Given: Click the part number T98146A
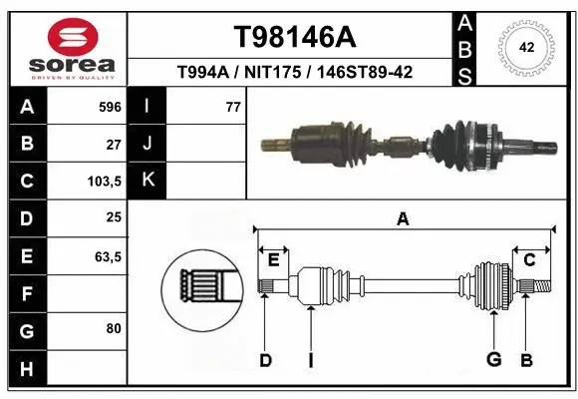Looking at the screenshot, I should click(x=293, y=37).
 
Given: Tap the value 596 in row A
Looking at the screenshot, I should click(x=110, y=106).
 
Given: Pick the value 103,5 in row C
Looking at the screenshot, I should click(x=105, y=182).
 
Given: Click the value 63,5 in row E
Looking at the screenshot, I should click(x=107, y=256).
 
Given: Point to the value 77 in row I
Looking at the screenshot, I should click(x=233, y=106).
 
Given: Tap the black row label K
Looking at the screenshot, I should click(x=148, y=181).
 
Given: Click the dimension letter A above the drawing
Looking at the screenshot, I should click(x=403, y=218).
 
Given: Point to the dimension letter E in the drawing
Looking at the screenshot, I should click(x=273, y=259).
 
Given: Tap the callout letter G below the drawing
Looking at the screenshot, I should click(x=493, y=359).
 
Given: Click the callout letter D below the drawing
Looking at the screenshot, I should click(x=265, y=359).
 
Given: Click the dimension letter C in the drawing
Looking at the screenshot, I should click(x=530, y=259).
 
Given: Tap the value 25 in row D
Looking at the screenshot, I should click(x=113, y=218).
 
